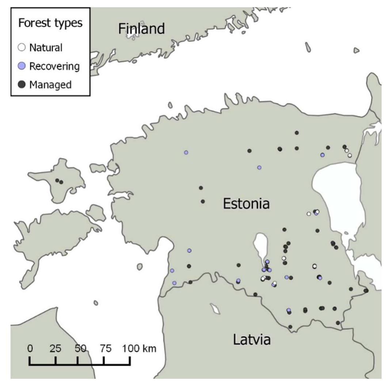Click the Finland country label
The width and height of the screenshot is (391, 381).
coord(141,29)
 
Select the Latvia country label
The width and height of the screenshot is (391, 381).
coord(252,340)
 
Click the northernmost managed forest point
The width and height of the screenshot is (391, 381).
coord(297,132)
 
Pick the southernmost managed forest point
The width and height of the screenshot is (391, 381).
coord(290,327)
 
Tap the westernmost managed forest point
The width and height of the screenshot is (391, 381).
coord(57,180)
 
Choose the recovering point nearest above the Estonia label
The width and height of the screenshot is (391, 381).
coord(259,167)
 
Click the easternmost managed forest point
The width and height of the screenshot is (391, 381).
coord(366,291)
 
